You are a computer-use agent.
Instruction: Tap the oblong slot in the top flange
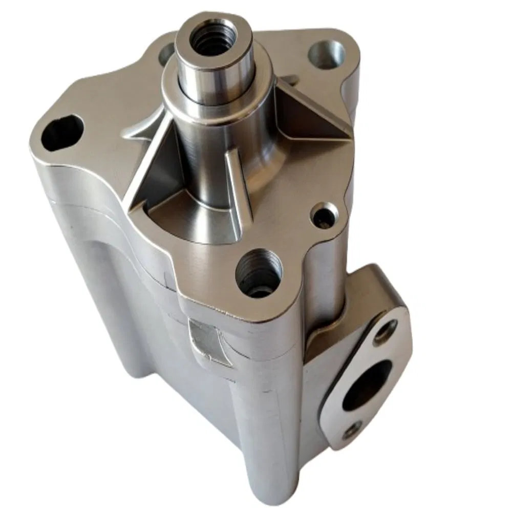pos(61,132)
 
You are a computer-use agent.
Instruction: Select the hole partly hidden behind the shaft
pos(167,53)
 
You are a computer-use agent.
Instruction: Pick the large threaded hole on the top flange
pos(259,272)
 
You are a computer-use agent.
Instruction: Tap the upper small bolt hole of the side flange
pos(385,331)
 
